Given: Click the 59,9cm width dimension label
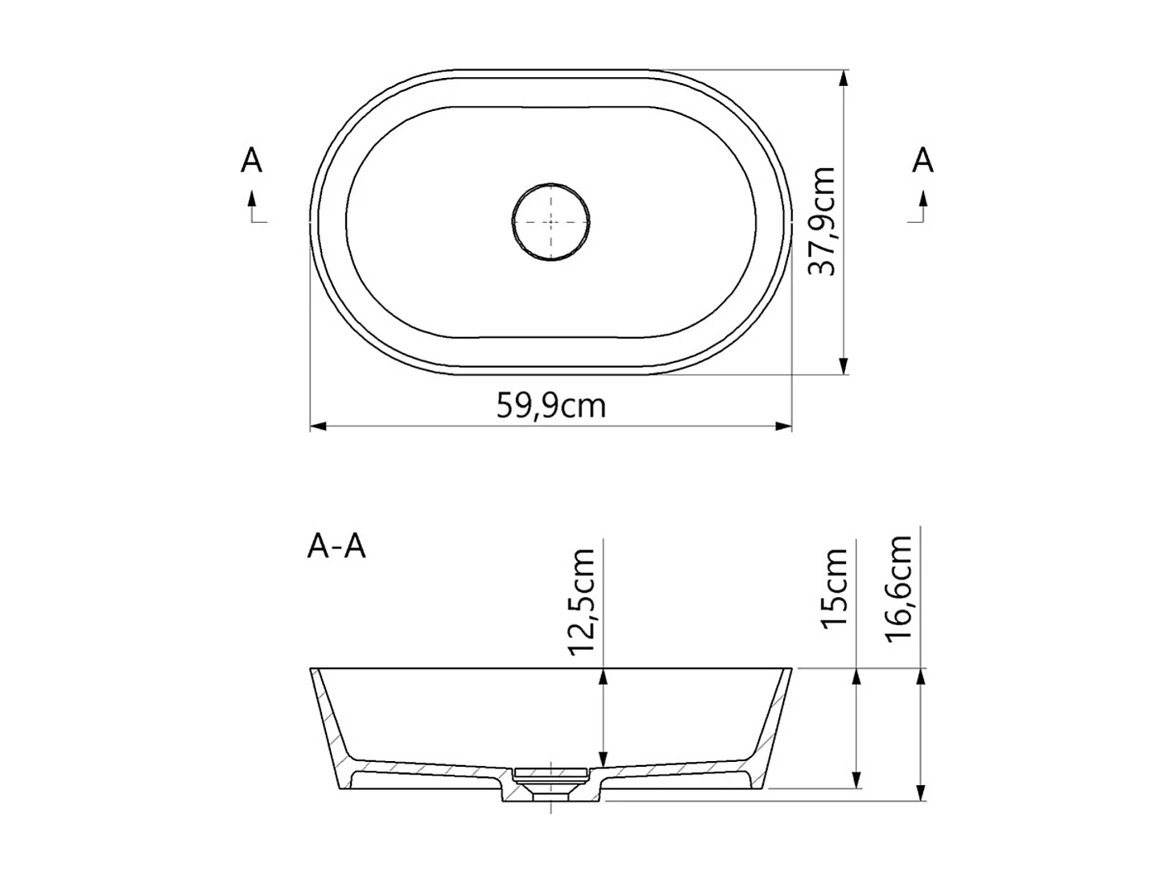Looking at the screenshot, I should coord(551,406).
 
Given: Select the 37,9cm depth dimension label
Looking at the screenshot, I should coord(822,221).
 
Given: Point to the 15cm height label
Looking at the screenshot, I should coord(836,588).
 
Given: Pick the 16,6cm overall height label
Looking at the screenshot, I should coord(898,588).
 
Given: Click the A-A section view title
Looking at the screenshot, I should coord(336,546).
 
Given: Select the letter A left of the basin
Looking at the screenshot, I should coord(251,161).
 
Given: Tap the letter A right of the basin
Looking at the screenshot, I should coord(922,161).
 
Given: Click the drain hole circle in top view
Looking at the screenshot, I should coord(551,221).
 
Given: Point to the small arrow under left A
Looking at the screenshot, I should coord(252,200).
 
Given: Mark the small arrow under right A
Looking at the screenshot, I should coord(922,200).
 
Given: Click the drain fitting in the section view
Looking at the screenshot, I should coord(551,777).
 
